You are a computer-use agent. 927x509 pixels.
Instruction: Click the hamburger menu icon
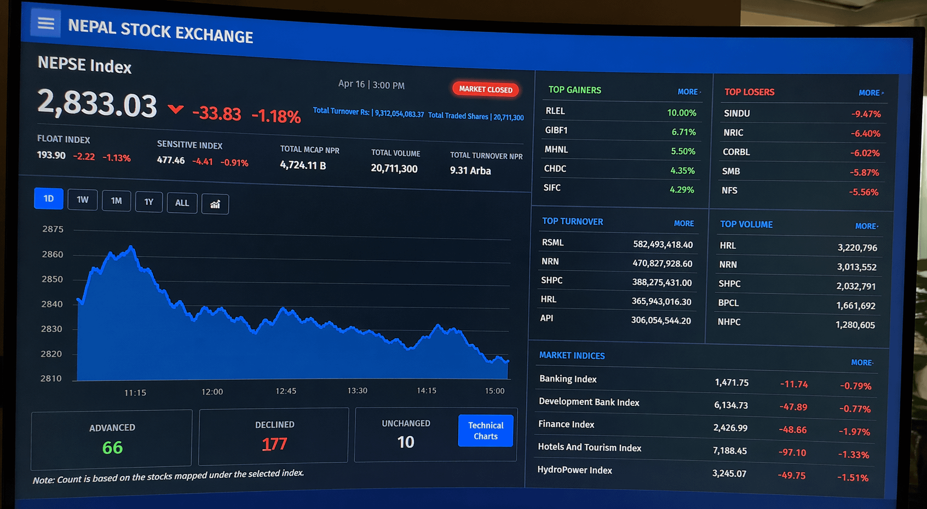[45, 24]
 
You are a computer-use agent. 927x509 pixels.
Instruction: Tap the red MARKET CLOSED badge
[485, 89]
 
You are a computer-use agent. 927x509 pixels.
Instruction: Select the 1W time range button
[82, 200]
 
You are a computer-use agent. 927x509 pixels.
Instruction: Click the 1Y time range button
[149, 202]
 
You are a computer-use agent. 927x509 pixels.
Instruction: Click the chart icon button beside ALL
[215, 204]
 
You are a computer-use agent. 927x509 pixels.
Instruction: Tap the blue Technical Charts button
[485, 431]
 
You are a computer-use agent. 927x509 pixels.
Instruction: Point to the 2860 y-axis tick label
[53, 254]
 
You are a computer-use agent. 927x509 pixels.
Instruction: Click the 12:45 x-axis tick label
[286, 391]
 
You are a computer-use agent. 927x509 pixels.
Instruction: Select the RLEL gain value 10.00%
[681, 113]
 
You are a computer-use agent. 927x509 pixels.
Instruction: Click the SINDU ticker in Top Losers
[736, 113]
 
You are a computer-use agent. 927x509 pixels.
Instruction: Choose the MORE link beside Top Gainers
[688, 92]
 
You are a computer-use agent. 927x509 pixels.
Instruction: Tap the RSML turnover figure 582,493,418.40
[663, 244]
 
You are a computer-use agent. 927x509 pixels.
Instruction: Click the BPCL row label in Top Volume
[728, 302]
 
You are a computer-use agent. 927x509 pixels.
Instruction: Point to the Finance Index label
[566, 424]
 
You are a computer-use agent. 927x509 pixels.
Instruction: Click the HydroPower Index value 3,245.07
[729, 473]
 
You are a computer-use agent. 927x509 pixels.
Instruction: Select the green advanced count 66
[112, 448]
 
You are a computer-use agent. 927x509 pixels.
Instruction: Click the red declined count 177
[274, 444]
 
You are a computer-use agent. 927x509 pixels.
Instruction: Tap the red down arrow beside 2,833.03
[175, 109]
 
